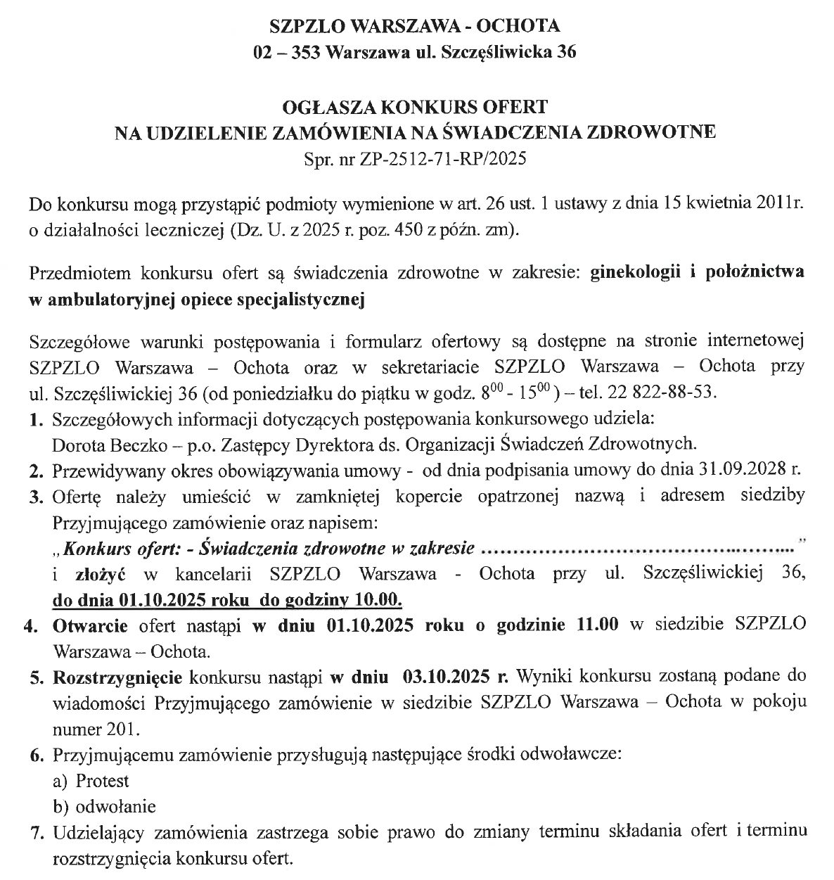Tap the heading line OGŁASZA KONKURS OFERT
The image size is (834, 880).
click(415, 108)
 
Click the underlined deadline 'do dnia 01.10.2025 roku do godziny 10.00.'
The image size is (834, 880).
click(227, 600)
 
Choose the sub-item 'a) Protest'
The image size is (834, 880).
click(91, 781)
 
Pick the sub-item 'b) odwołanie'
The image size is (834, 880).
click(105, 806)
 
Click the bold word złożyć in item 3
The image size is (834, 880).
click(100, 574)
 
